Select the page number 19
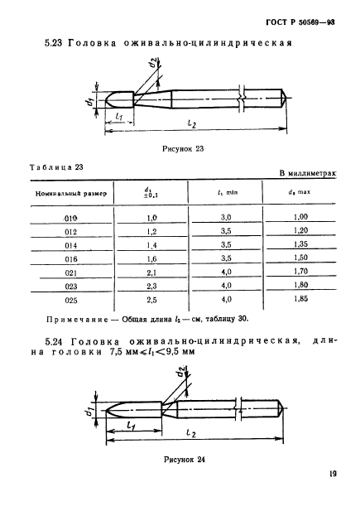(x=331, y=475)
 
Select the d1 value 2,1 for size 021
(x=151, y=271)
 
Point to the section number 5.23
(x=53, y=44)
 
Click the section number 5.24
(x=53, y=340)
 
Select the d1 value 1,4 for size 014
(x=151, y=244)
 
